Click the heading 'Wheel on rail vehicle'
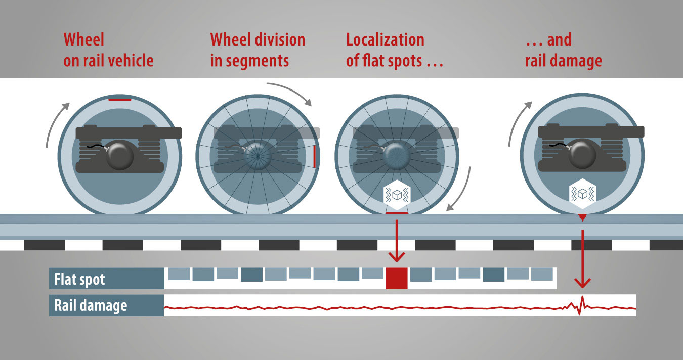coord(108,50)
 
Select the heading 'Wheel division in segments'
coord(258,50)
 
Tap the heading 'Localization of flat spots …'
coord(394,50)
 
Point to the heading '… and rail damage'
coord(563,50)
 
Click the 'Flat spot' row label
coord(80,279)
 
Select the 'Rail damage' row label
coord(91,305)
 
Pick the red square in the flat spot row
coord(396,279)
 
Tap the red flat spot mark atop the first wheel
coord(120,100)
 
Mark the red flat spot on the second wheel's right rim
coord(314,156)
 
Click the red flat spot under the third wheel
coord(396,213)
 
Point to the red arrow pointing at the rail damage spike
coord(583,258)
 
